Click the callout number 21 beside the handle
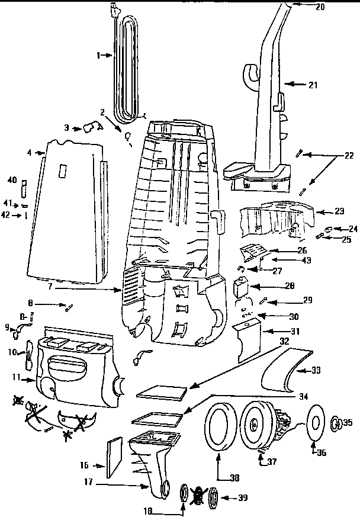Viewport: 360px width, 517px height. (x=313, y=85)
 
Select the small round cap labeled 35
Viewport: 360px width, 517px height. (x=335, y=422)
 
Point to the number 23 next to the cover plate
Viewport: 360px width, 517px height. (x=322, y=211)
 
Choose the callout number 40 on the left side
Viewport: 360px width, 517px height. (x=12, y=179)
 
